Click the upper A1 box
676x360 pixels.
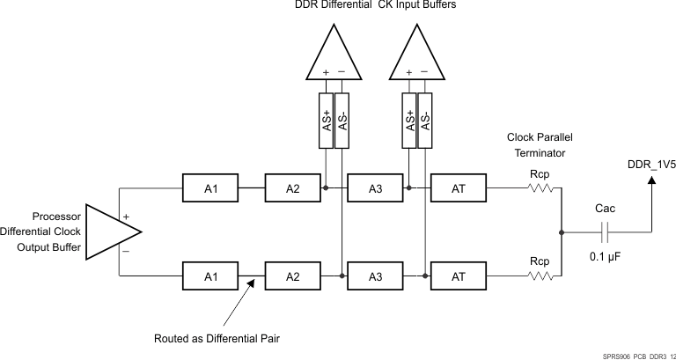tap(209, 187)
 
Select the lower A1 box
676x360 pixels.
tap(209, 276)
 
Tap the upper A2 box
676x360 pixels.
tap(293, 187)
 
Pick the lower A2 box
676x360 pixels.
tap(293, 276)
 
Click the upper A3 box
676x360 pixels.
tap(375, 187)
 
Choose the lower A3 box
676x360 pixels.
tap(375, 276)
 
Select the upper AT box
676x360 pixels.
tap(458, 187)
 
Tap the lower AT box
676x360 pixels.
tap(458, 276)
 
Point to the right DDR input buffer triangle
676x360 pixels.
tap(417, 55)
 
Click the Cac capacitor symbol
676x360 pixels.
tap(605, 232)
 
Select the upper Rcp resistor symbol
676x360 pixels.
tap(540, 187)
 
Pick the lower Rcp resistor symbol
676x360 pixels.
tap(540, 276)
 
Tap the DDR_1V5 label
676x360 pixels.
tap(651, 164)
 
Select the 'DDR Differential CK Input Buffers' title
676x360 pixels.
tap(375, 6)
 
